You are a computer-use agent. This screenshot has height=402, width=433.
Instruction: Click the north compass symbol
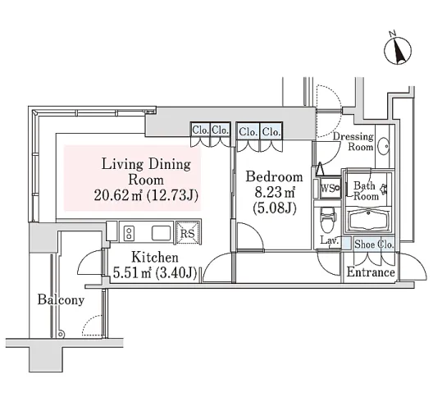[x=398, y=51]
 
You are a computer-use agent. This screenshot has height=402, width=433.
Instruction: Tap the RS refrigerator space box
[x=188, y=232]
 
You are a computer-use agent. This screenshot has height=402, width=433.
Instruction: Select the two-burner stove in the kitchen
[x=129, y=233]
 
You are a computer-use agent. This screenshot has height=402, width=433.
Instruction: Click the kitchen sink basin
[x=161, y=233]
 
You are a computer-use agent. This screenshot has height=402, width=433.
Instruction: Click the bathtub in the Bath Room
[x=368, y=220]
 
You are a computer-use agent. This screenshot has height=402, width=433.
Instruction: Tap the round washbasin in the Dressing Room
[x=383, y=145]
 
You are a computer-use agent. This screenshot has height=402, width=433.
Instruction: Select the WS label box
[x=330, y=189]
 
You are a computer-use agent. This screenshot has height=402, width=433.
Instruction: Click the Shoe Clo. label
[x=374, y=244]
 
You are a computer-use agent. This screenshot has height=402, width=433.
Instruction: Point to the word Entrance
[x=371, y=272]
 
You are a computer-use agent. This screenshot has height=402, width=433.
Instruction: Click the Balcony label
[x=61, y=299]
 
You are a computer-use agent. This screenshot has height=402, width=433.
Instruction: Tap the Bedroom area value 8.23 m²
[x=275, y=193]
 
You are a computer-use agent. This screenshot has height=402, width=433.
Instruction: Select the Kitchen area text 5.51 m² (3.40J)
[x=155, y=273]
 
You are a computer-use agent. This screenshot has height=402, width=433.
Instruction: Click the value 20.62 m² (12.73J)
[x=146, y=195]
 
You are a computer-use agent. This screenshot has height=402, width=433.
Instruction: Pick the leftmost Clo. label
[x=200, y=130]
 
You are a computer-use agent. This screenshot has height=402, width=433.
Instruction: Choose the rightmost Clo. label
[x=271, y=131]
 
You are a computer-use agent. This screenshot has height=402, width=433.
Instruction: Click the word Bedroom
[x=274, y=176]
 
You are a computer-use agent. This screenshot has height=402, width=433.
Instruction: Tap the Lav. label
[x=329, y=240]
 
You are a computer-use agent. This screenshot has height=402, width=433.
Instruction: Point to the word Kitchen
[x=155, y=258]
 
